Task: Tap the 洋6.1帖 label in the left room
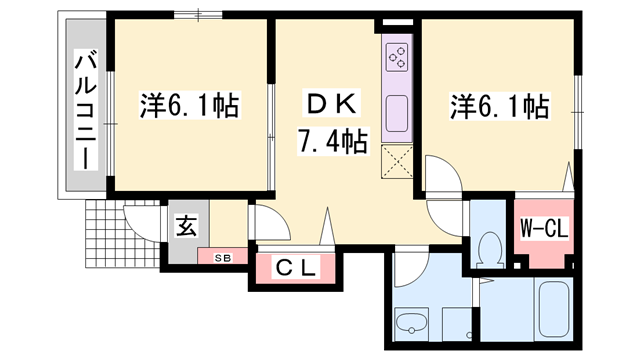point(189,102)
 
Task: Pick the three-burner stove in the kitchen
point(397,58)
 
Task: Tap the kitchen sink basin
point(396,111)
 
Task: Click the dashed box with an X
point(397,161)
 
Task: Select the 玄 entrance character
point(186,226)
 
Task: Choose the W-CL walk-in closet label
point(544,229)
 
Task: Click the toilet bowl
point(490,244)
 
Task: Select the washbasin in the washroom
point(412,324)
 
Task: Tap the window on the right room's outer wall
point(579,106)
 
